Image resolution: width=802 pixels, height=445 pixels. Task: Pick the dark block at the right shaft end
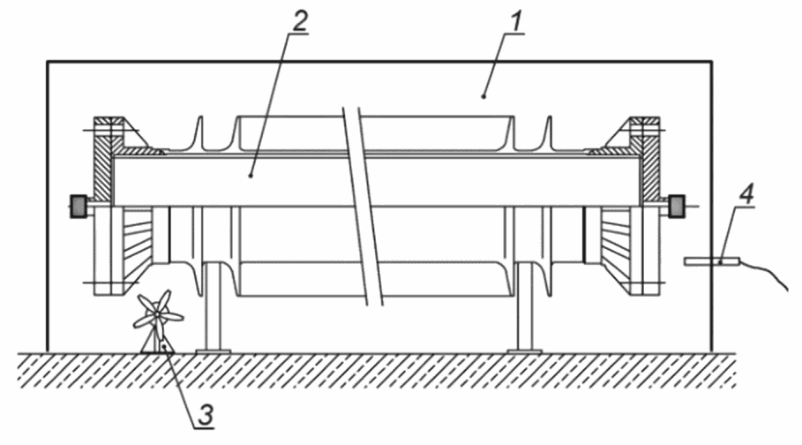tap(677, 207)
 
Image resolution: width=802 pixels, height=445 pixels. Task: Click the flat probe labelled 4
tap(712, 261)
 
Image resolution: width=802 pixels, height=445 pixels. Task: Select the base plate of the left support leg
tap(213, 351)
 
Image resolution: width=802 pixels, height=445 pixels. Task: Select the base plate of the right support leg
tap(524, 351)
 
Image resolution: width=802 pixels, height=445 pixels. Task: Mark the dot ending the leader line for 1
tap(483, 95)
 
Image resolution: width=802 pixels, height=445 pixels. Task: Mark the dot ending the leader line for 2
tap(251, 175)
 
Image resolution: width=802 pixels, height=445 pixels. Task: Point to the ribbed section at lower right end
tap(618, 242)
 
